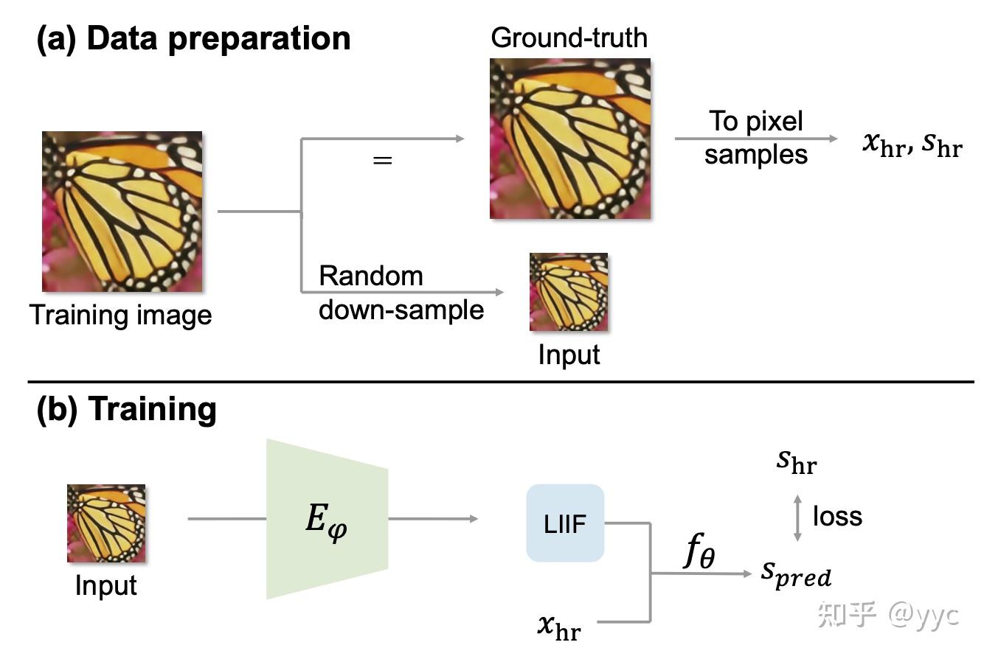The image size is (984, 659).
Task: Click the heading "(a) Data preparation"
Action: tap(193, 38)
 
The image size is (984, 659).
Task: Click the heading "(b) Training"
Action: tap(126, 409)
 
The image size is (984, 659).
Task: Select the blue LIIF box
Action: tap(565, 523)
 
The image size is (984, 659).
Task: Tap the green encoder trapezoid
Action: tap(327, 519)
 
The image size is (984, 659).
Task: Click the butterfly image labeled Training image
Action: tap(122, 212)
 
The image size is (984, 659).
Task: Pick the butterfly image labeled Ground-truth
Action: tap(570, 139)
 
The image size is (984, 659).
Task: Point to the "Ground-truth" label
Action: tap(569, 38)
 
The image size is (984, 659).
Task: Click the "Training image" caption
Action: tap(121, 315)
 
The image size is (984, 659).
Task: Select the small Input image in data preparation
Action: tap(569, 292)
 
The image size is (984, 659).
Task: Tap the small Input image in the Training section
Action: tap(106, 523)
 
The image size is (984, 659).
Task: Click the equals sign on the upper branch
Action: tap(382, 160)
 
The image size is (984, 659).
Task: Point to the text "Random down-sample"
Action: tap(401, 293)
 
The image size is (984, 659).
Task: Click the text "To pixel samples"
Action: tap(755, 138)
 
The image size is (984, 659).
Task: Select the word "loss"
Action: tap(837, 516)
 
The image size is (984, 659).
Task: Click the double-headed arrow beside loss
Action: tap(797, 518)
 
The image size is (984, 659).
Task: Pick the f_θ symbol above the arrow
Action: tap(698, 552)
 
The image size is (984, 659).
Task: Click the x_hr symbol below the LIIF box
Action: tap(558, 627)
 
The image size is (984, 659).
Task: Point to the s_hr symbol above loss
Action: tap(797, 462)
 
